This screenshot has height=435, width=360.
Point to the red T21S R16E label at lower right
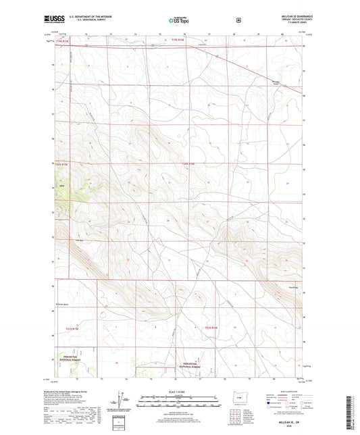[x=213, y=328]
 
